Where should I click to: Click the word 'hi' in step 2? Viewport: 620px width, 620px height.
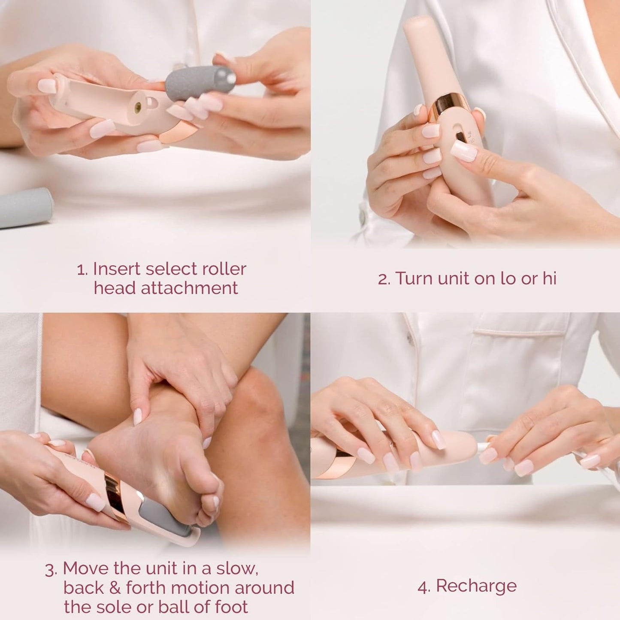(549, 278)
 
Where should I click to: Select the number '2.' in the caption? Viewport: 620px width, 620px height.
(384, 279)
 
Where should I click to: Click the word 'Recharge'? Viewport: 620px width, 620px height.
(476, 586)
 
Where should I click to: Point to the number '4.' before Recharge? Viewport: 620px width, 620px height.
(424, 587)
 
